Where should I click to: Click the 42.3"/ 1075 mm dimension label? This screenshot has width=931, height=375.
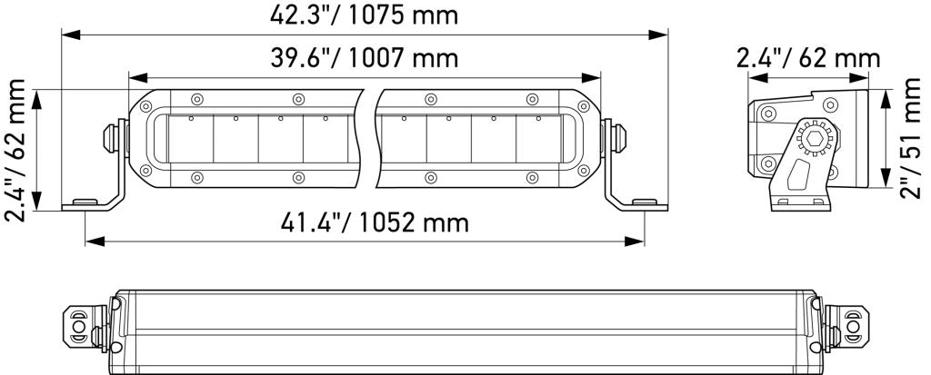pyautogui.click(x=364, y=15)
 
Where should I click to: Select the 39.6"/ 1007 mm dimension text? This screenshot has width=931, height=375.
pyautogui.click(x=364, y=58)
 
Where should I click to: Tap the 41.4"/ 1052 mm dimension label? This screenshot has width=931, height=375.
pyautogui.click(x=375, y=222)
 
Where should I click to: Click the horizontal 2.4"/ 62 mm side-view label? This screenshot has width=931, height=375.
pyautogui.click(x=808, y=58)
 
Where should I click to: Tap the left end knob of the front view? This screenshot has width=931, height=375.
pyautogui.click(x=110, y=138)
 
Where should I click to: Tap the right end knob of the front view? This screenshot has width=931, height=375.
pyautogui.click(x=618, y=138)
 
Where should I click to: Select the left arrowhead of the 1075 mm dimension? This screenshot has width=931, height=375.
pyautogui.click(x=71, y=35)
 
